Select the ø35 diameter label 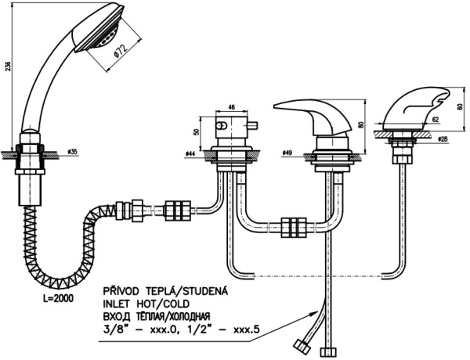[71, 151]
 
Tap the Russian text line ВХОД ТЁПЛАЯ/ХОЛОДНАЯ [165, 317]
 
